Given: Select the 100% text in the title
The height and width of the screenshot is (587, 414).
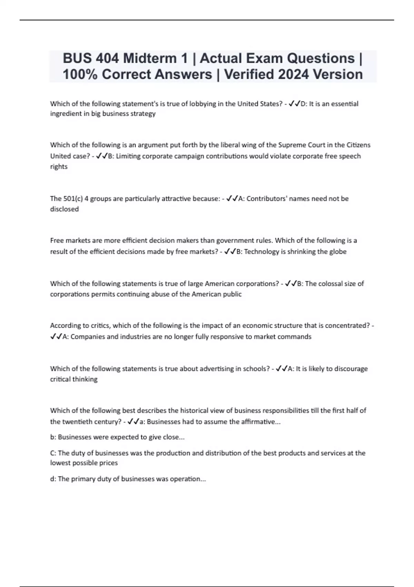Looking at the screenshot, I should point(80,74).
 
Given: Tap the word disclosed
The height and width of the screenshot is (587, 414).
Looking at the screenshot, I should point(65,209).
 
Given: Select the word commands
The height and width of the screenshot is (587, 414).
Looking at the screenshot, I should point(295,336).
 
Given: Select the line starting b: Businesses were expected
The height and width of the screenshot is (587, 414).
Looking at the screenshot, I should point(117,437).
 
